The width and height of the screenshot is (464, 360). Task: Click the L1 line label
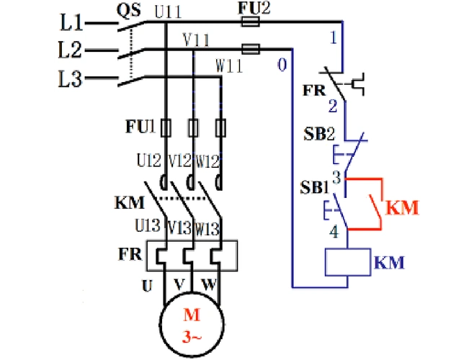point(71,23)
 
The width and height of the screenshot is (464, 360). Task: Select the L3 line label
point(71,79)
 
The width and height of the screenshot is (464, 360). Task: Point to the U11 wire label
point(169,12)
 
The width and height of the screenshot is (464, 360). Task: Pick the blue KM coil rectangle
point(347,262)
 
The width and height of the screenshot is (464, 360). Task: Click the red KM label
point(402,208)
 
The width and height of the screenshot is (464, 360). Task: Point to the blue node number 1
point(333,37)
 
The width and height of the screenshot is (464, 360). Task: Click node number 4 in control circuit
point(334,233)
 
